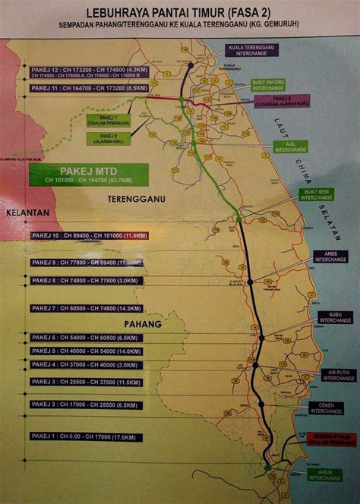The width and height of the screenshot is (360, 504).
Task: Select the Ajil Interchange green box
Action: click(x=291, y=146)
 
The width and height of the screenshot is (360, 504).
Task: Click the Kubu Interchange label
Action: click(x=335, y=317)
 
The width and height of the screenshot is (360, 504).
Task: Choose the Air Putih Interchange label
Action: click(x=338, y=375)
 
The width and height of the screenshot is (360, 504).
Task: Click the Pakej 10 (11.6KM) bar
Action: click(x=90, y=236)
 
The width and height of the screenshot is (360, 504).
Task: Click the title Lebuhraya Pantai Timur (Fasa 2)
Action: click(x=179, y=13)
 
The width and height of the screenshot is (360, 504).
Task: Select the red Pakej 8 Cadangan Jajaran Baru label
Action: click(x=291, y=101)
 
